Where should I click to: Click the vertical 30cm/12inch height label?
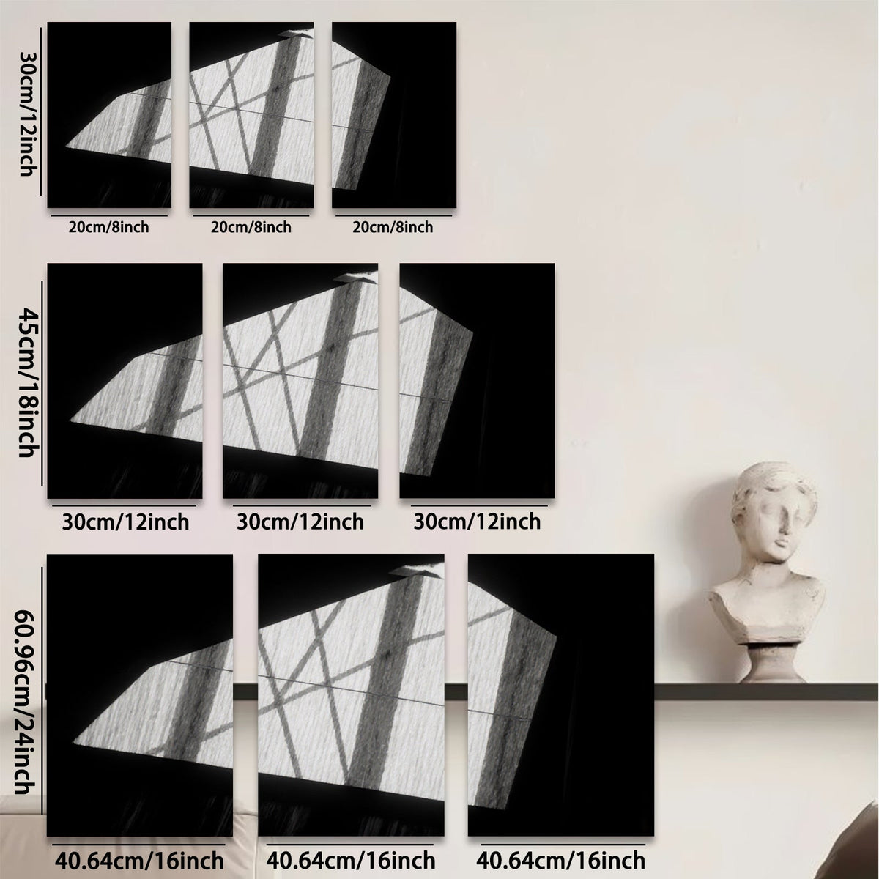click(x=27, y=113)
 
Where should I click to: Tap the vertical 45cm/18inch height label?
click(x=27, y=382)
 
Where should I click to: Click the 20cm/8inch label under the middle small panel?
click(x=251, y=226)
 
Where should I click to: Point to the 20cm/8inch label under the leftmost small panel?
click(x=109, y=226)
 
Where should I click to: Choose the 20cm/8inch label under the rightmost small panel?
click(x=393, y=226)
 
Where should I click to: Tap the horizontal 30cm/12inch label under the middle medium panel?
click(x=300, y=522)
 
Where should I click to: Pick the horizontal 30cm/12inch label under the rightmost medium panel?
click(x=477, y=522)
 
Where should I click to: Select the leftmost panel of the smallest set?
click(x=109, y=115)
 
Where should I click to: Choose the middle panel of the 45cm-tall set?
click(x=300, y=381)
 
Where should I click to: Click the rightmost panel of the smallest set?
click(x=394, y=115)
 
